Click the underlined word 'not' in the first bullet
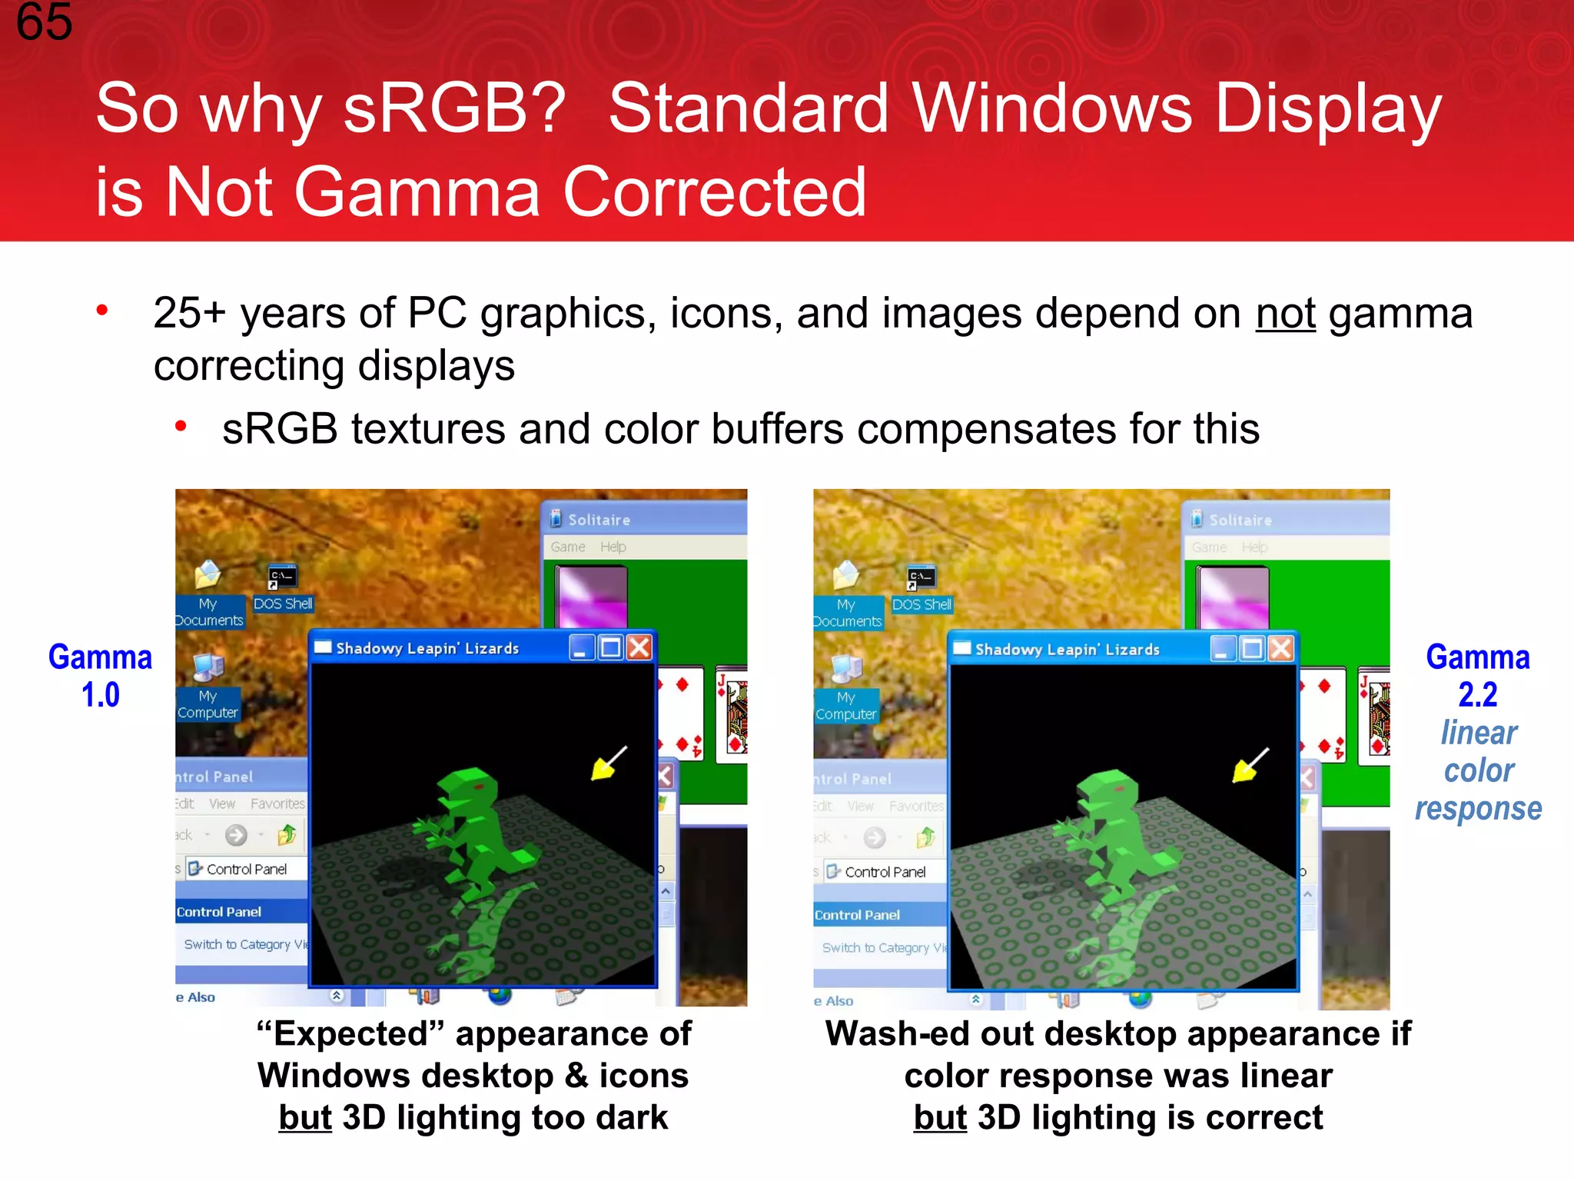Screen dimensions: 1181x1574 [1285, 314]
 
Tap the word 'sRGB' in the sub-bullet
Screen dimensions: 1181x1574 [279, 429]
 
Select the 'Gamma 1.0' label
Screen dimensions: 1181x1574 [101, 676]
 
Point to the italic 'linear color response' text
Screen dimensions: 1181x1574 [1478, 770]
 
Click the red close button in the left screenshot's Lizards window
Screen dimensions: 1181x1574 [639, 647]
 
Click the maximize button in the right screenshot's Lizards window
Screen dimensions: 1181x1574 [1252, 649]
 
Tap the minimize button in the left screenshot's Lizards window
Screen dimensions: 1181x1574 [582, 647]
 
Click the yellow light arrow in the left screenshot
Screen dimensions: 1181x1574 [607, 764]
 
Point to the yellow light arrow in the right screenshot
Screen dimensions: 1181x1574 [1248, 766]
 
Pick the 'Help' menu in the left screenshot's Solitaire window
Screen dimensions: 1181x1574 [613, 547]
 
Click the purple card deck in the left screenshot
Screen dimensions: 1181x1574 [592, 595]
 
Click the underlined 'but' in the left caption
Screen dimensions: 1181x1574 [305, 1118]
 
